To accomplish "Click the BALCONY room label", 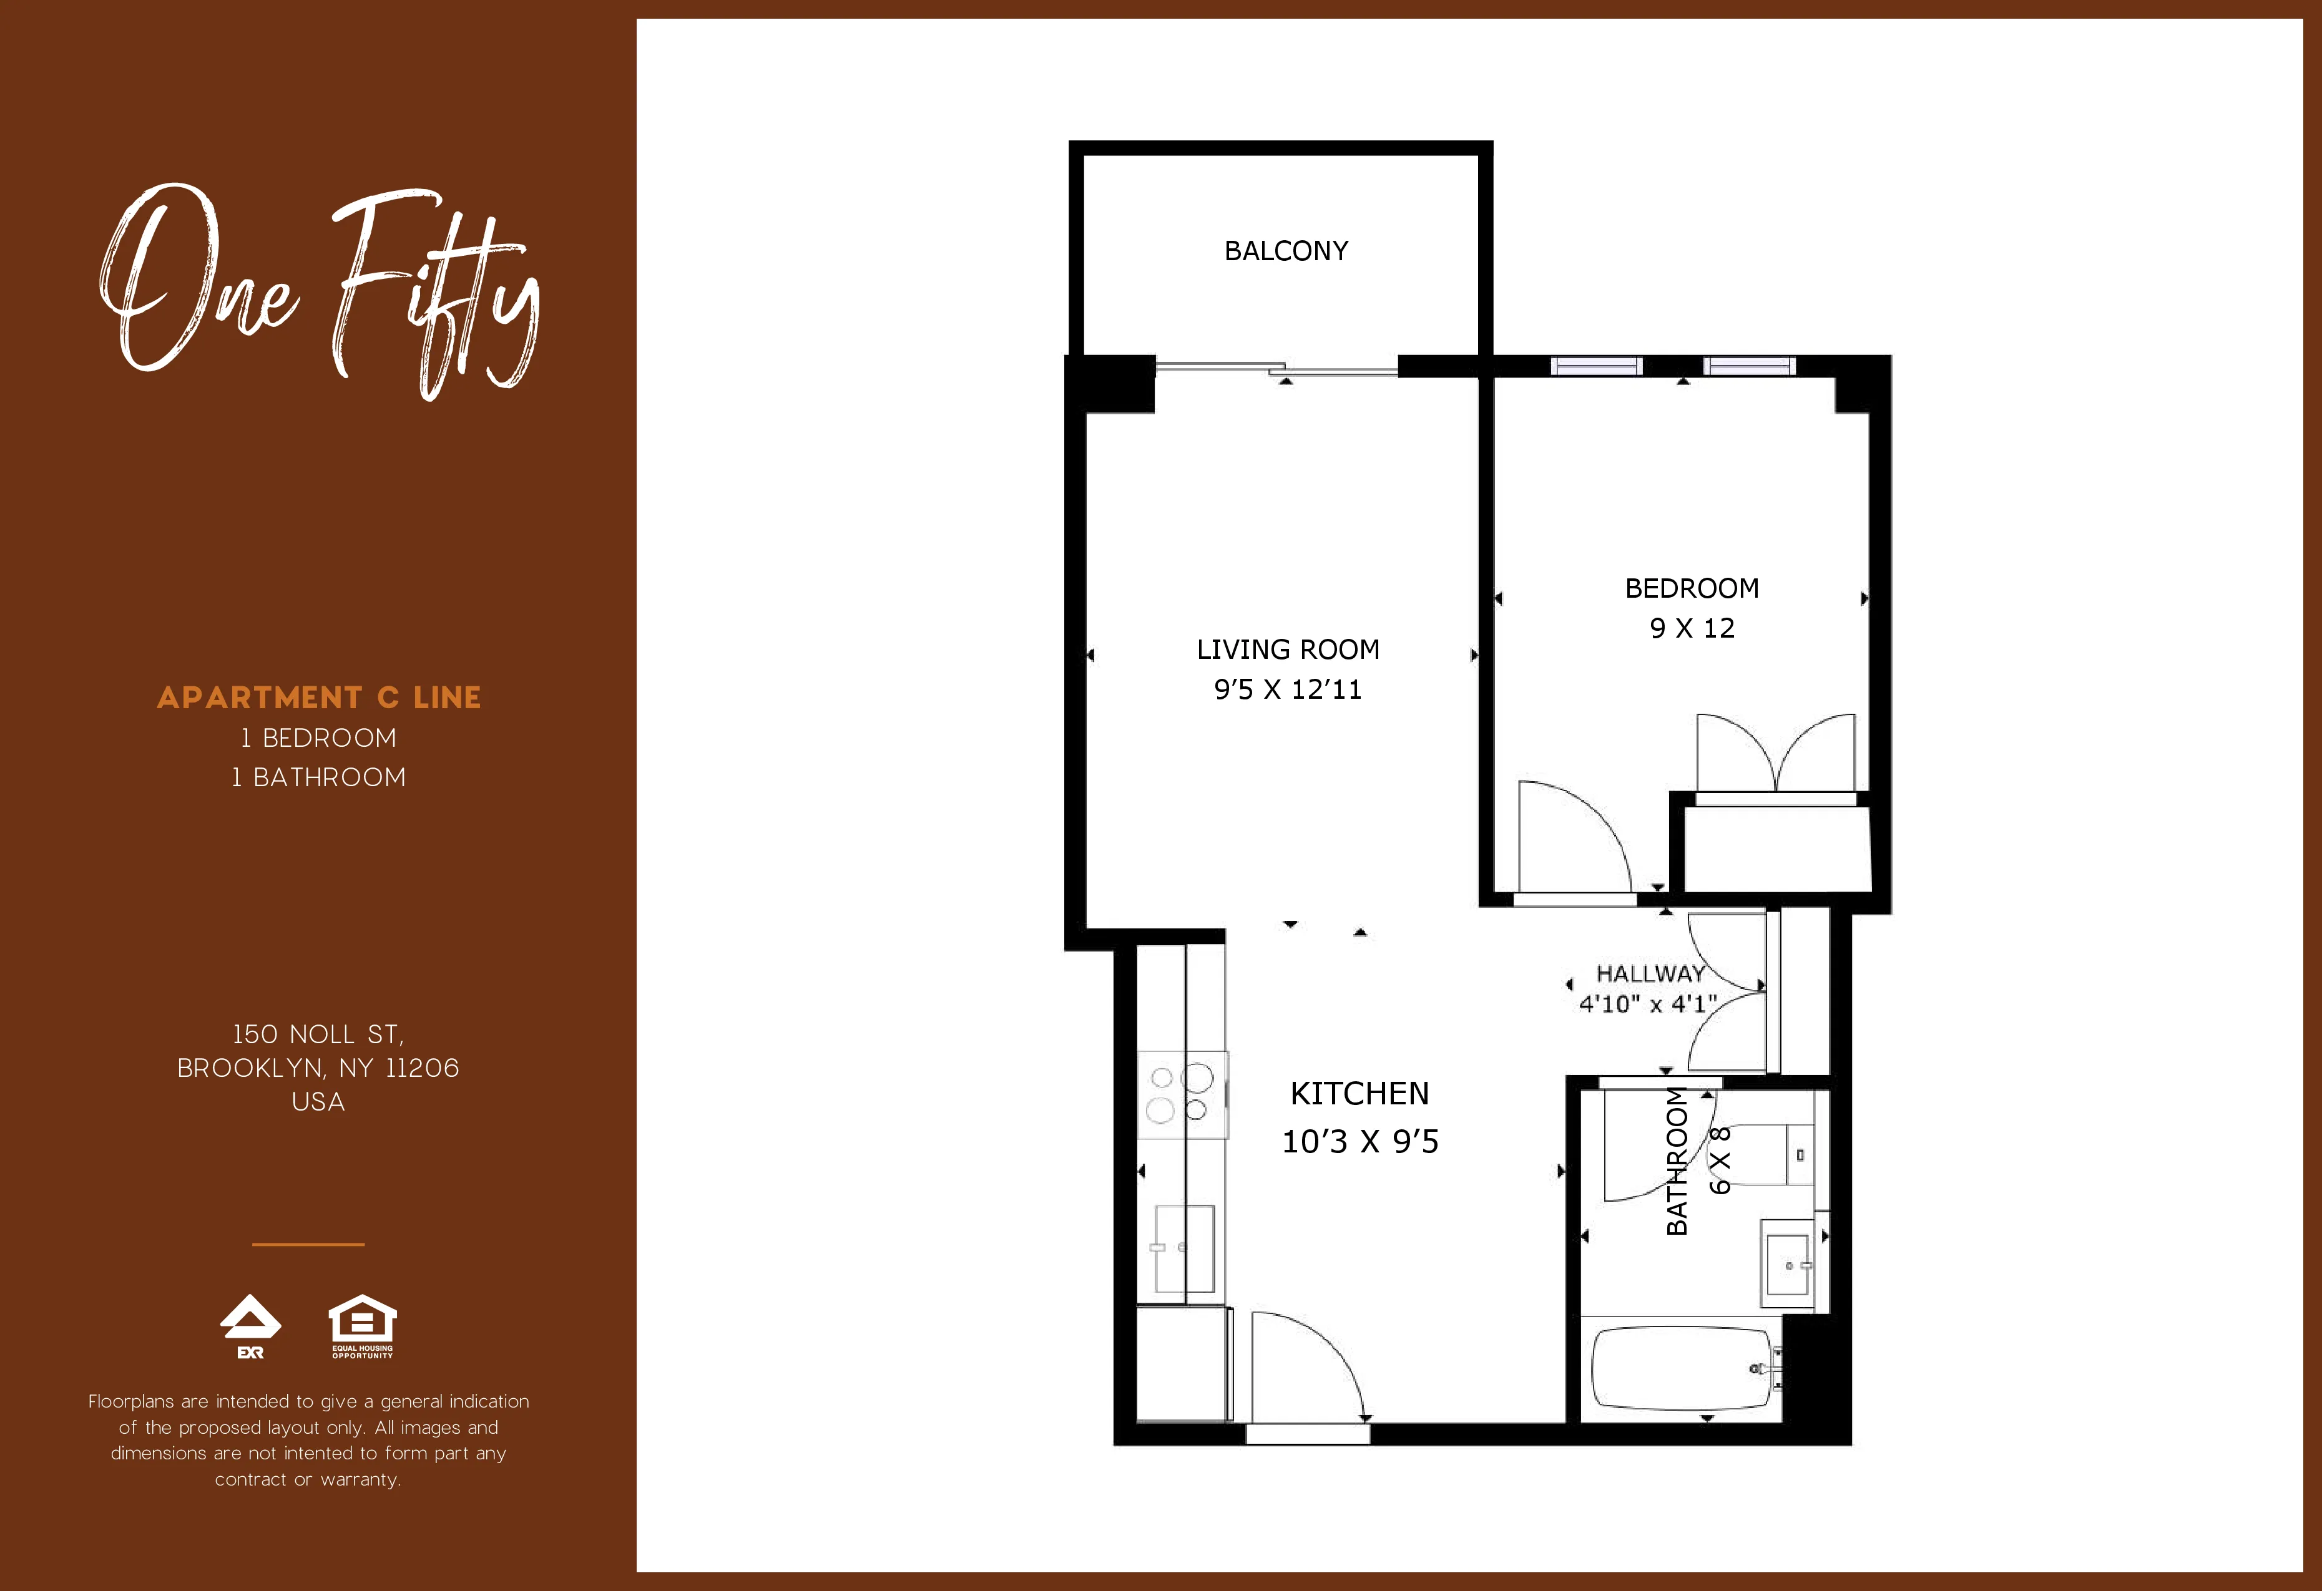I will point(1286,251).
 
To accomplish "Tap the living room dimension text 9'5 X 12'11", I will point(1287,690).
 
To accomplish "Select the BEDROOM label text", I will point(1692,588).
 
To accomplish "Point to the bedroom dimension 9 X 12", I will point(1692,628).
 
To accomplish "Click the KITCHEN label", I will point(1359,1094).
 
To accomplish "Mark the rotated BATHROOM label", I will point(1678,1160).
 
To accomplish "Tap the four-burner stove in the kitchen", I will point(1181,1094).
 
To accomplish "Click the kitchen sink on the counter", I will point(1184,1248).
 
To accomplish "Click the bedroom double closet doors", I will point(1775,754).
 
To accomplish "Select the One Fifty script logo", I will point(320,289).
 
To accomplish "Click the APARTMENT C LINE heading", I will point(319,697).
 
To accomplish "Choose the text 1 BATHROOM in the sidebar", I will point(319,777).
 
